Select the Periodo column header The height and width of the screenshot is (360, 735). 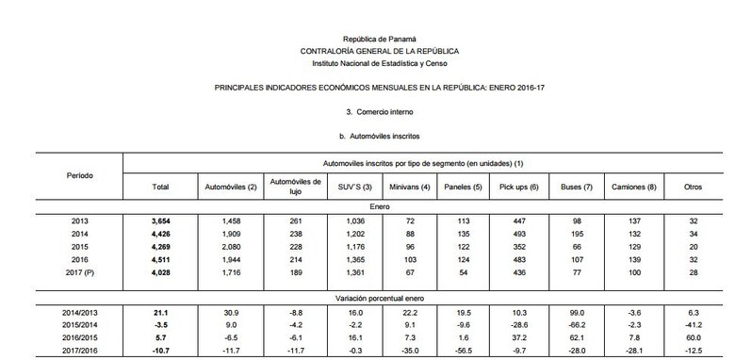tap(80, 176)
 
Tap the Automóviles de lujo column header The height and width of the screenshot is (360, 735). tap(296, 187)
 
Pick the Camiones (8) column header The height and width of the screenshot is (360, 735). tap(633, 188)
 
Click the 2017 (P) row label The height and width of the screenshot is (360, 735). tap(80, 272)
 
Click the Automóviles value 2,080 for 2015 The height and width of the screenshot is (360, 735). tap(227, 246)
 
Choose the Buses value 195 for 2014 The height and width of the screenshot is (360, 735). tap(571, 233)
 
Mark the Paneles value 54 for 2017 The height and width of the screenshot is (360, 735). tap(463, 272)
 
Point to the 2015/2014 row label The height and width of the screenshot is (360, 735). tap(80, 322)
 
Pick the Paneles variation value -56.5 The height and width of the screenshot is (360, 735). tap(463, 349)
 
